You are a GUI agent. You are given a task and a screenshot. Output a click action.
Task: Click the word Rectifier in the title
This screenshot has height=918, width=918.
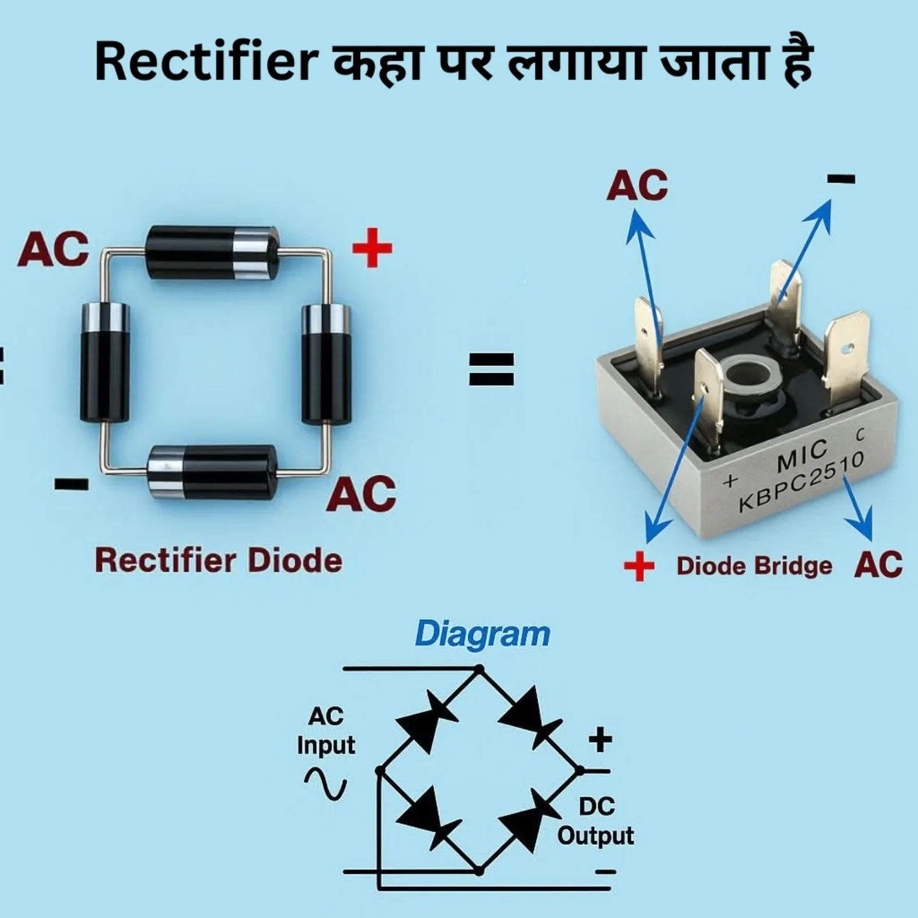[x=207, y=62]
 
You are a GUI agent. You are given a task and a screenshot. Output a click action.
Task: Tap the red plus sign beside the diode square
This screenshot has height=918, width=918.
[x=372, y=247]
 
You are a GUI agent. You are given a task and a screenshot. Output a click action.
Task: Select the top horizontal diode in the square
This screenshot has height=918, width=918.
[x=213, y=252]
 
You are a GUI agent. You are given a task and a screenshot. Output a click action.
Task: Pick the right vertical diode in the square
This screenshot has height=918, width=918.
[x=326, y=365]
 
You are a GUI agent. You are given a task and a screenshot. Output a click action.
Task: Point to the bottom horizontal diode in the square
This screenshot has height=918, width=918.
[x=212, y=472]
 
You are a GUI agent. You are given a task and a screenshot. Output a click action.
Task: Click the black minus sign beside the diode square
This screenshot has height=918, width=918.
[x=71, y=484]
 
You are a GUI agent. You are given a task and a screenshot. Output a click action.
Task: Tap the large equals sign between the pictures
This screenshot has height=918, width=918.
[x=492, y=368]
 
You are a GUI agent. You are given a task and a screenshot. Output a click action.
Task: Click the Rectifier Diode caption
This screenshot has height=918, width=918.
[x=219, y=561]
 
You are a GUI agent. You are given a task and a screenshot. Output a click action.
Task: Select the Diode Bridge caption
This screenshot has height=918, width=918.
[x=754, y=566]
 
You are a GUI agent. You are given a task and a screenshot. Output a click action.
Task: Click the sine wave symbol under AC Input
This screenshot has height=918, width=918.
[x=326, y=784]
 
